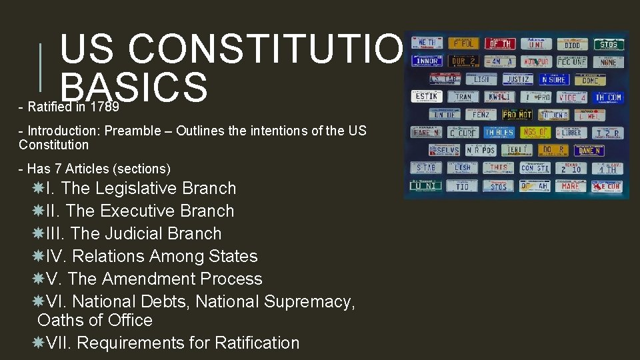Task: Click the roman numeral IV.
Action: [56, 257]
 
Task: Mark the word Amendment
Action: [153, 279]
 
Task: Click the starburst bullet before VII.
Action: [39, 343]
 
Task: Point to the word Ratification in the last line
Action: [257, 343]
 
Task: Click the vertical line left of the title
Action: [42, 67]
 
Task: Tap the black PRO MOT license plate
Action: [517, 115]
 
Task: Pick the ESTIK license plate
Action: [425, 97]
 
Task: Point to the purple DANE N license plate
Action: [589, 151]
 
